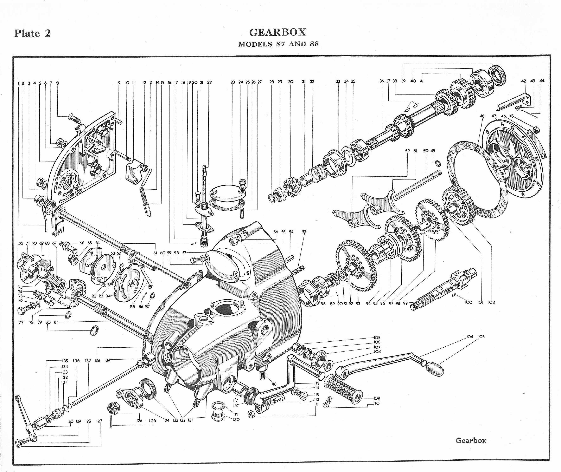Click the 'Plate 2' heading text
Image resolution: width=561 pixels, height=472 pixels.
pyautogui.click(x=32, y=33)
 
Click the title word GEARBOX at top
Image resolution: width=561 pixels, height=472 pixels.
pyautogui.click(x=278, y=32)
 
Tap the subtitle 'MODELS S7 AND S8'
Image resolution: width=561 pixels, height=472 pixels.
pyautogui.click(x=278, y=44)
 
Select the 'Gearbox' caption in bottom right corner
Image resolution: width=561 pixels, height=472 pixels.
pyautogui.click(x=471, y=440)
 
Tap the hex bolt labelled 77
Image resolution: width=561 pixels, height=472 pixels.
pyautogui.click(x=22, y=311)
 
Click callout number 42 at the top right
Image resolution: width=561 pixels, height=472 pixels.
pyautogui.click(x=523, y=81)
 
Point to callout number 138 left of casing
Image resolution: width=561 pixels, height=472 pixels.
pyautogui.click(x=97, y=360)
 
